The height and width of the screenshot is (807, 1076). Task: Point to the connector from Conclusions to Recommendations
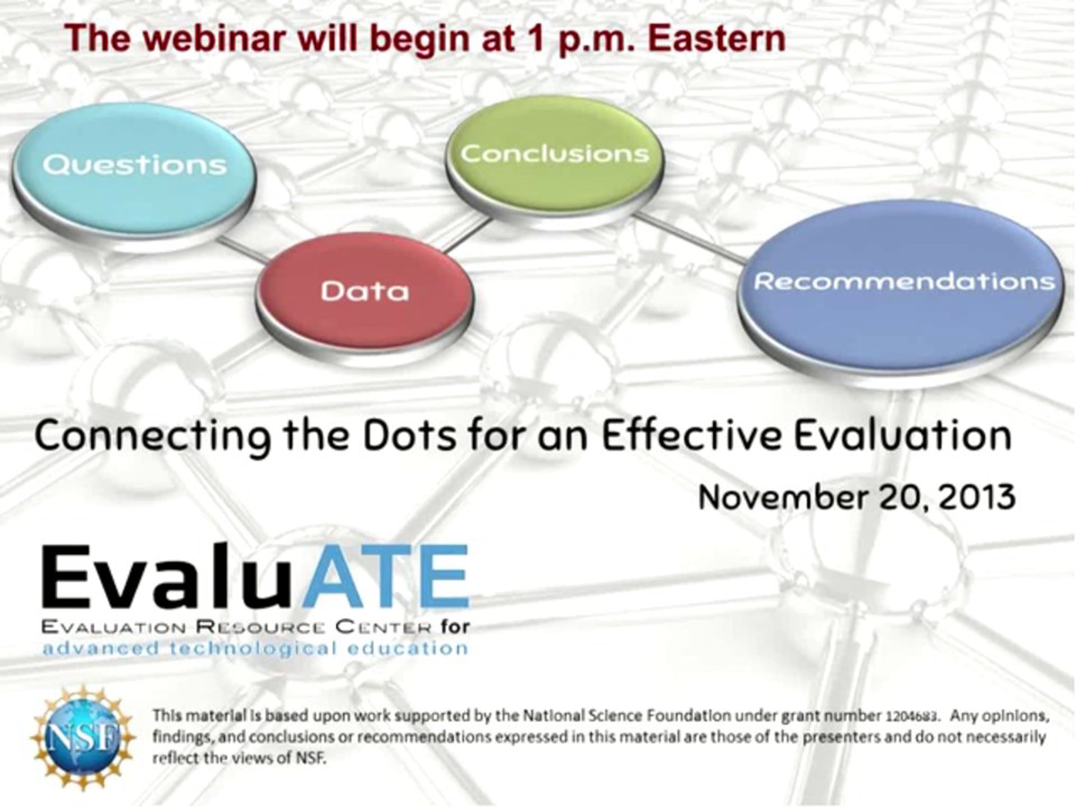pyautogui.click(x=691, y=239)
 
